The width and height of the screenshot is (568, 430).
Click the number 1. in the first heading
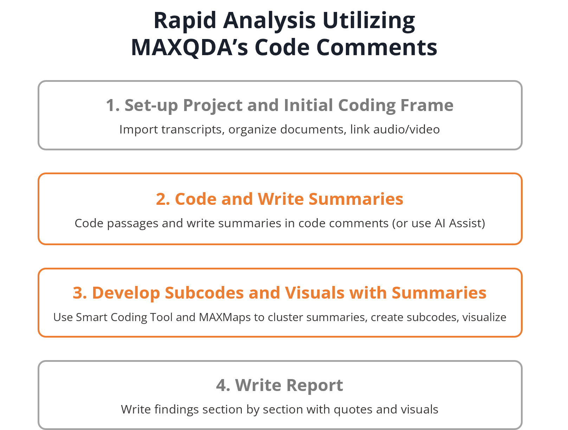pyautogui.click(x=113, y=105)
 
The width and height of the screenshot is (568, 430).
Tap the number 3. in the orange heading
pyautogui.click(x=80, y=293)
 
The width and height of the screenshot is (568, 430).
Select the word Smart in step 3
pyautogui.click(x=91, y=317)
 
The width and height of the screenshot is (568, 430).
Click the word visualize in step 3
pyautogui.click(x=484, y=317)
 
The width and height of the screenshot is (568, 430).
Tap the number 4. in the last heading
pyautogui.click(x=223, y=385)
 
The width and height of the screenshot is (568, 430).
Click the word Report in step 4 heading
pyautogui.click(x=315, y=385)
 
